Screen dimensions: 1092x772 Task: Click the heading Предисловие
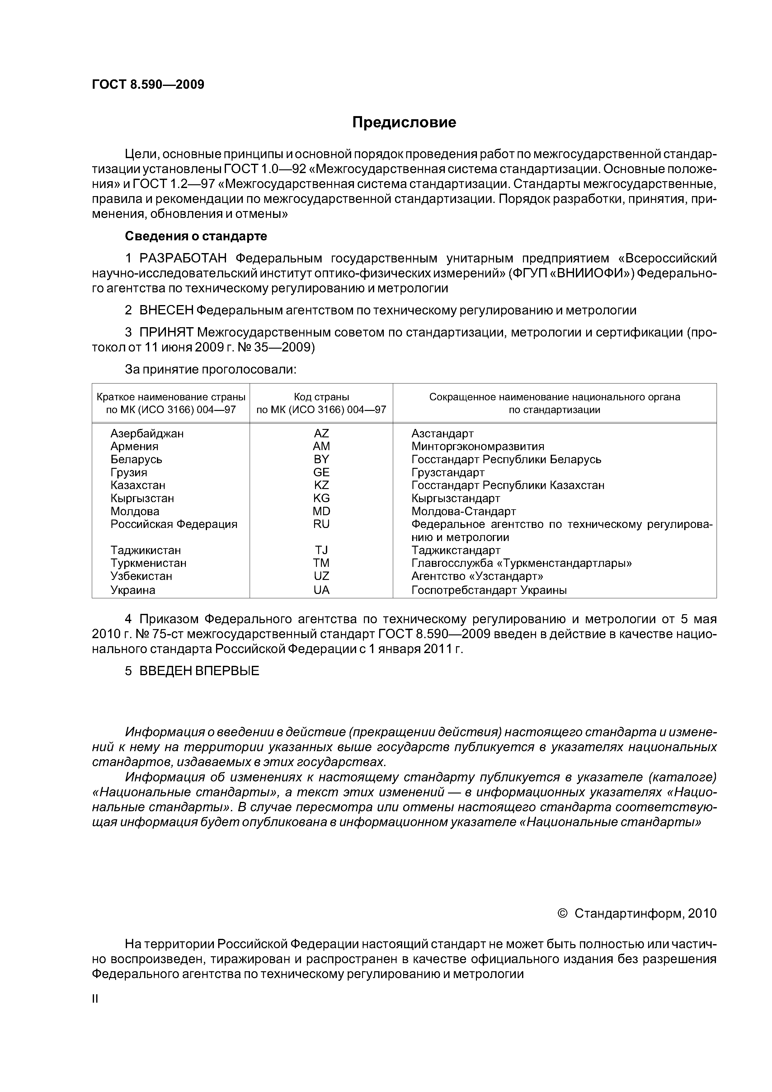coord(404,123)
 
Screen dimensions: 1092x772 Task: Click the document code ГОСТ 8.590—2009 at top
coord(148,85)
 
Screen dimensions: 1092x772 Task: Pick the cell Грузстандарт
coord(448,472)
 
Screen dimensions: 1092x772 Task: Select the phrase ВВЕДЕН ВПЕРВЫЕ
coord(199,671)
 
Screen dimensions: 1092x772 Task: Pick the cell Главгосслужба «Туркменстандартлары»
coord(521,563)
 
